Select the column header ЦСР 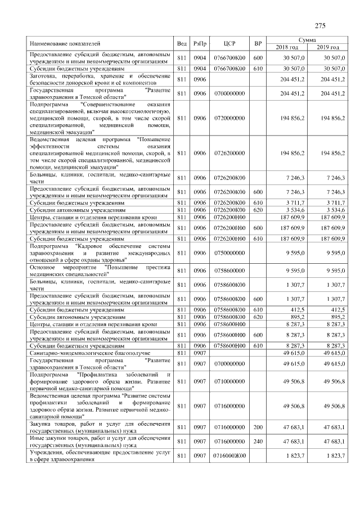coord(228,43)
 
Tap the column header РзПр coord(200,43)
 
